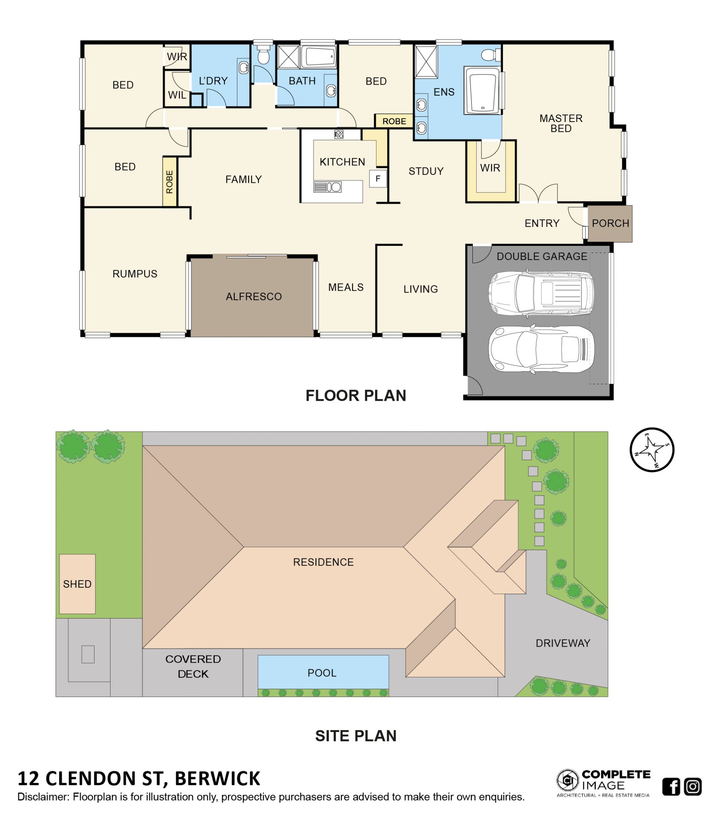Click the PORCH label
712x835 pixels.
[610, 223]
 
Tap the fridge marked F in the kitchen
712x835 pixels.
[378, 178]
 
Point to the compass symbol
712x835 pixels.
[652, 449]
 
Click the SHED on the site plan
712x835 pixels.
[77, 584]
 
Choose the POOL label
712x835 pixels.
[322, 673]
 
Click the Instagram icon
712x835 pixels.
[693, 786]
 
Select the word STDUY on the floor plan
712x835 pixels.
[426, 171]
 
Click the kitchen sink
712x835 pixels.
[327, 187]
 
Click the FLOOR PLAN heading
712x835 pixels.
[356, 395]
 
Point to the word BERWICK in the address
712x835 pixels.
[218, 778]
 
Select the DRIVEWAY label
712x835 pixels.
[563, 643]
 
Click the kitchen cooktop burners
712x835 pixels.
[339, 134]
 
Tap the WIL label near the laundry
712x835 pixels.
[177, 95]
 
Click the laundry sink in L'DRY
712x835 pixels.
[244, 67]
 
